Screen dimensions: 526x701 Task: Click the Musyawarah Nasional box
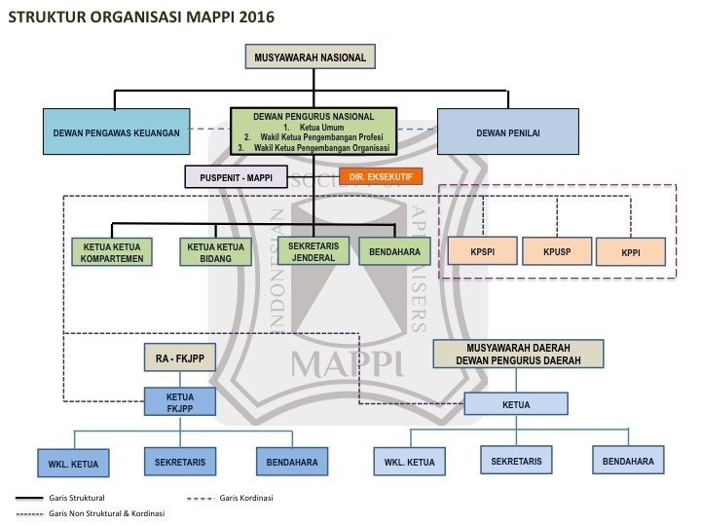pyautogui.click(x=310, y=57)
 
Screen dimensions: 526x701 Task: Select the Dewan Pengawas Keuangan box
pyautogui.click(x=116, y=132)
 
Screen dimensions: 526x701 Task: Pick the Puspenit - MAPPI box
pyautogui.click(x=237, y=177)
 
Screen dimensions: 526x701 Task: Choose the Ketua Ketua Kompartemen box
pyautogui.click(x=112, y=251)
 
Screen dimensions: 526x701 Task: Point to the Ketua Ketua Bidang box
pyautogui.click(x=209, y=251)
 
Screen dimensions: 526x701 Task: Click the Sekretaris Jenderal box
pyautogui.click(x=314, y=251)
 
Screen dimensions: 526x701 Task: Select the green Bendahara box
pyautogui.click(x=394, y=251)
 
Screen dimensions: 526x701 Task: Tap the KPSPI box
pyautogui.click(x=481, y=250)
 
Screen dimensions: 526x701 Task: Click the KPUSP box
pyautogui.click(x=556, y=250)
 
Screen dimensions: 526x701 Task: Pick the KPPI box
pyautogui.click(x=631, y=251)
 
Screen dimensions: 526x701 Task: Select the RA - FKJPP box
pyautogui.click(x=180, y=359)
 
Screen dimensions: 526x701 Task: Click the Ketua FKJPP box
pyautogui.click(x=180, y=402)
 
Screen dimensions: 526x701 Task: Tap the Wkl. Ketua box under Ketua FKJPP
pyautogui.click(x=73, y=461)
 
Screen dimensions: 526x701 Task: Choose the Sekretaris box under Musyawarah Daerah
pyautogui.click(x=517, y=460)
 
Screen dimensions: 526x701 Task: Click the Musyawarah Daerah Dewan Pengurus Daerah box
pyautogui.click(x=518, y=354)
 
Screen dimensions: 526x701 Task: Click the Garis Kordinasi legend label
pyautogui.click(x=246, y=498)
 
